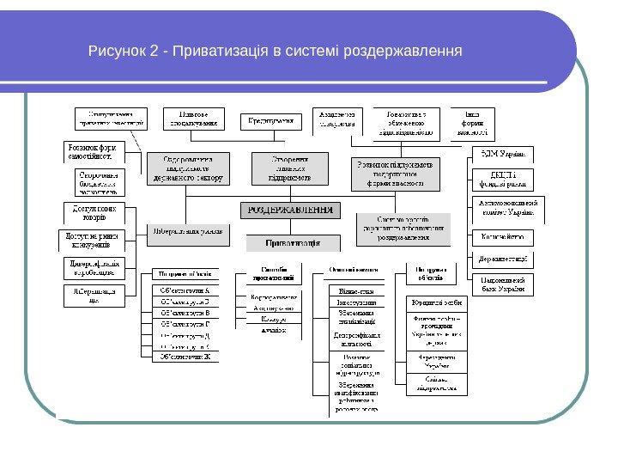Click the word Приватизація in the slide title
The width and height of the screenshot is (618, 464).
click(x=221, y=54)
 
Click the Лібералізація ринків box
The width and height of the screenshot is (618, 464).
click(x=188, y=231)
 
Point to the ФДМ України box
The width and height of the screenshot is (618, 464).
click(x=503, y=155)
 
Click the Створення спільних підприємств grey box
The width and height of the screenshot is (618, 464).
click(x=279, y=168)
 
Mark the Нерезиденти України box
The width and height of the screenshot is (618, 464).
click(x=437, y=362)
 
